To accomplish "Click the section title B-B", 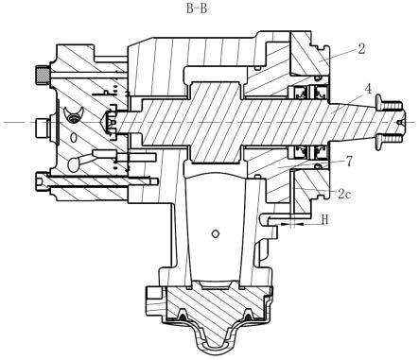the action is point(197,9).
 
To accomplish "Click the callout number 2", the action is point(361,49).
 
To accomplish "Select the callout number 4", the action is point(368,89).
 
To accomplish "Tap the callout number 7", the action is point(349,162).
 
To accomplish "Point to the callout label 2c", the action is point(344,194).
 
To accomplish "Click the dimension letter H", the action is point(324,219).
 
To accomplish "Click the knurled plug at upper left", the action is point(42,76).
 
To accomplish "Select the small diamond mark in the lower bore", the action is point(216,233).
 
